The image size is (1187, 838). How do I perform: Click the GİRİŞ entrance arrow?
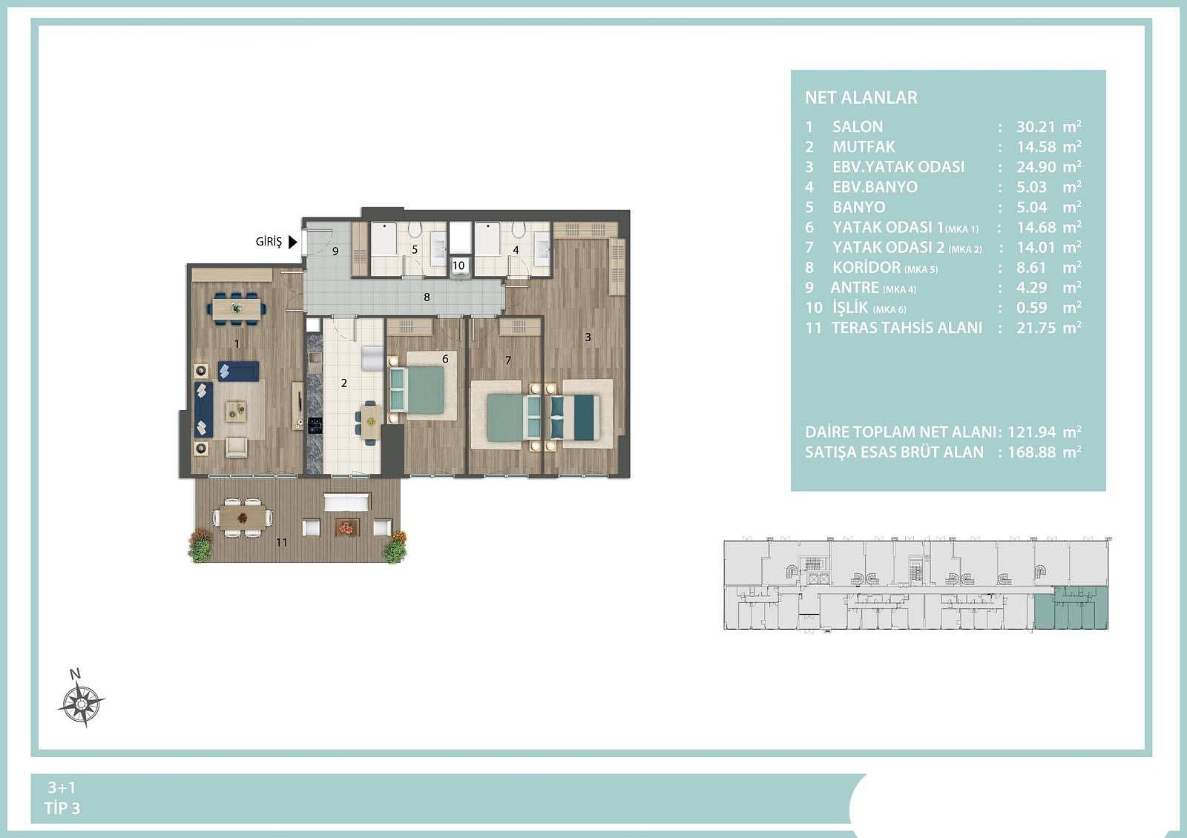pos(292,242)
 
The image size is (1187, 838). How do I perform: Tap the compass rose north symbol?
pos(81,700)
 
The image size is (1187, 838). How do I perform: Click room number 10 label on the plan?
pos(458,265)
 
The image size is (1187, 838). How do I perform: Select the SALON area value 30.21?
pos(1036,127)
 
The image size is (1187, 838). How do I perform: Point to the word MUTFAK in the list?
pos(864,147)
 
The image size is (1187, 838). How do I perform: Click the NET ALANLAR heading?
pos(861,97)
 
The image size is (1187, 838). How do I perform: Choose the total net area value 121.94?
pos(1032,432)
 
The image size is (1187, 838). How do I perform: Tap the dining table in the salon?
pos(237,308)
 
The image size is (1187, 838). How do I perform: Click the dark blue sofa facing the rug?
pos(203,409)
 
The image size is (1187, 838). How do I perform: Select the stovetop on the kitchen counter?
pos(315,425)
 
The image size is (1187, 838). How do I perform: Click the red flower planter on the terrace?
pos(347,527)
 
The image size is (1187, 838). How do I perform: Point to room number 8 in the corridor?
pos(427,297)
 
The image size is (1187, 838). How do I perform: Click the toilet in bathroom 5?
pos(415,229)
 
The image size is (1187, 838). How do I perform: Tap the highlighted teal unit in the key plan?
pos(1071,608)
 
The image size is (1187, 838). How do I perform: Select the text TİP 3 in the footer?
pos(62,808)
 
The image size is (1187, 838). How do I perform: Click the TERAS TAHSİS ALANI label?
pos(907,328)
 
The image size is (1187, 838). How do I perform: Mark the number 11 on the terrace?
pos(281,542)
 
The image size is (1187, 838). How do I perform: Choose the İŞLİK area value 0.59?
pos(1031,308)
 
